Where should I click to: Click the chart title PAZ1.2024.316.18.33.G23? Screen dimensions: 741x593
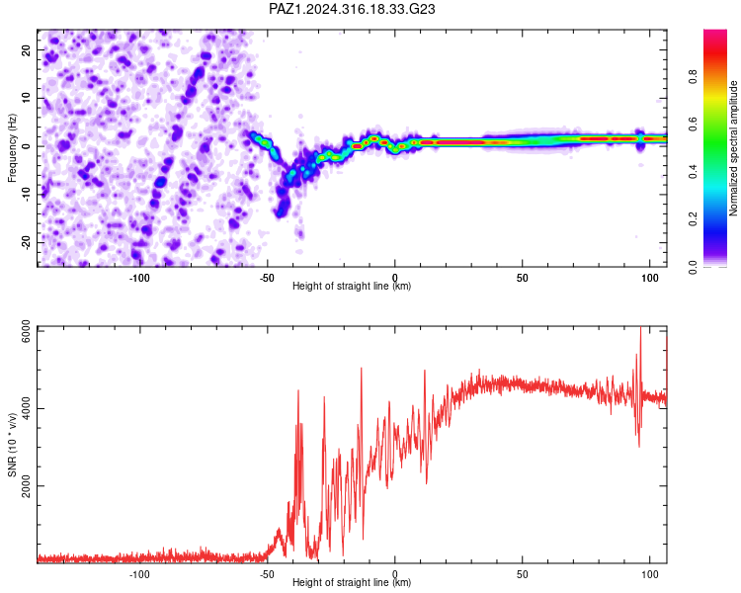point(352,9)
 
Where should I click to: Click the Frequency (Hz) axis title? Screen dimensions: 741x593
point(12,147)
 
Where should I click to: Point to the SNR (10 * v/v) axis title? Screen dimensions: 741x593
point(12,445)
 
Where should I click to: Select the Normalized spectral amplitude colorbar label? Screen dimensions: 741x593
point(733,148)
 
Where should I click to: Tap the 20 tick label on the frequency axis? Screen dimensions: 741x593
point(26,49)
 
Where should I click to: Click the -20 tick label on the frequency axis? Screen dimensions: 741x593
point(26,242)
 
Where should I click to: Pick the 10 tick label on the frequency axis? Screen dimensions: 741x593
point(26,98)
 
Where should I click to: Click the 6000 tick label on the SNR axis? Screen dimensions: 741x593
point(26,331)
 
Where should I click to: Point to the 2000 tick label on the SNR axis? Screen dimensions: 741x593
point(26,486)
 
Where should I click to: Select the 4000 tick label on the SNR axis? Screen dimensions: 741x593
point(26,408)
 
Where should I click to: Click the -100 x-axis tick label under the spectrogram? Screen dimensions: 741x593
point(139,278)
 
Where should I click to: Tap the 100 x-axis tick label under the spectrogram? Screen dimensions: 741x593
point(650,278)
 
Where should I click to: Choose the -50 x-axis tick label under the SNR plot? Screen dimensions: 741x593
point(267,574)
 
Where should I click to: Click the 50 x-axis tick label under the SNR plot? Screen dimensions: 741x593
point(523,574)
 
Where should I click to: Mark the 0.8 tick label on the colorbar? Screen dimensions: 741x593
point(693,76)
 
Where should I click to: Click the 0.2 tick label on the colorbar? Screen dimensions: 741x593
point(693,219)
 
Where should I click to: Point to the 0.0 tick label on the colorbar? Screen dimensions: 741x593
point(693,267)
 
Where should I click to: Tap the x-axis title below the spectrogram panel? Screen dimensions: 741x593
point(352,286)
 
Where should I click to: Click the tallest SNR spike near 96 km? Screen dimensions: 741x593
point(640,327)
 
